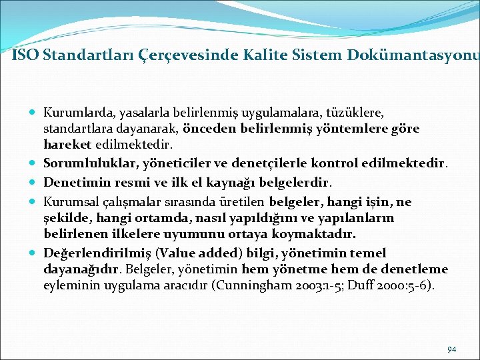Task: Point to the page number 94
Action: (x=452, y=349)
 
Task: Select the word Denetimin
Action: (x=73, y=182)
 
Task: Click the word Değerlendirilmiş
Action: (x=90, y=253)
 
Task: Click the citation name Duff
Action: (x=363, y=285)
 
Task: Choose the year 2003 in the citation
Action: (x=325, y=285)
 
